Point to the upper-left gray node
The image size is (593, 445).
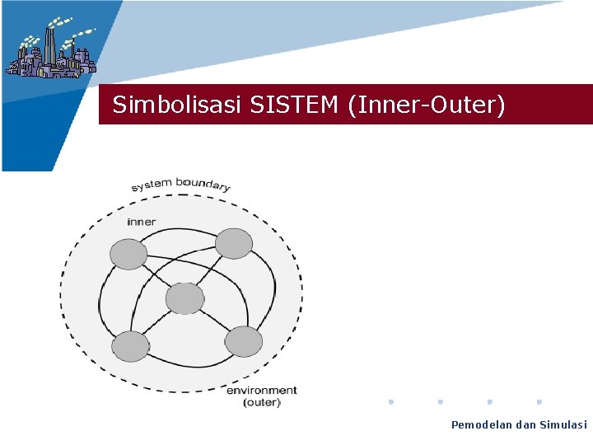point(129,254)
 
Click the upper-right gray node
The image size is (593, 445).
point(234,244)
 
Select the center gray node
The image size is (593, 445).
point(184,298)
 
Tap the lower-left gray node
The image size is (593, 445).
point(130,346)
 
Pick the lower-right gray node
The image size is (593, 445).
point(243,341)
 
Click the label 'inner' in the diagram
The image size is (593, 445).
point(142,222)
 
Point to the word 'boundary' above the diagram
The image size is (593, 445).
point(203,182)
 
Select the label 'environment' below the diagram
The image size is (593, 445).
point(262,390)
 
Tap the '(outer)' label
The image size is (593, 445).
point(262,402)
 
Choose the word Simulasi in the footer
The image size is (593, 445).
point(563,425)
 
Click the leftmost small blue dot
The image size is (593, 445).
point(391,402)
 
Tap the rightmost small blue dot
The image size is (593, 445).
point(539,402)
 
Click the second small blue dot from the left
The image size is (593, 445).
point(441,402)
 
